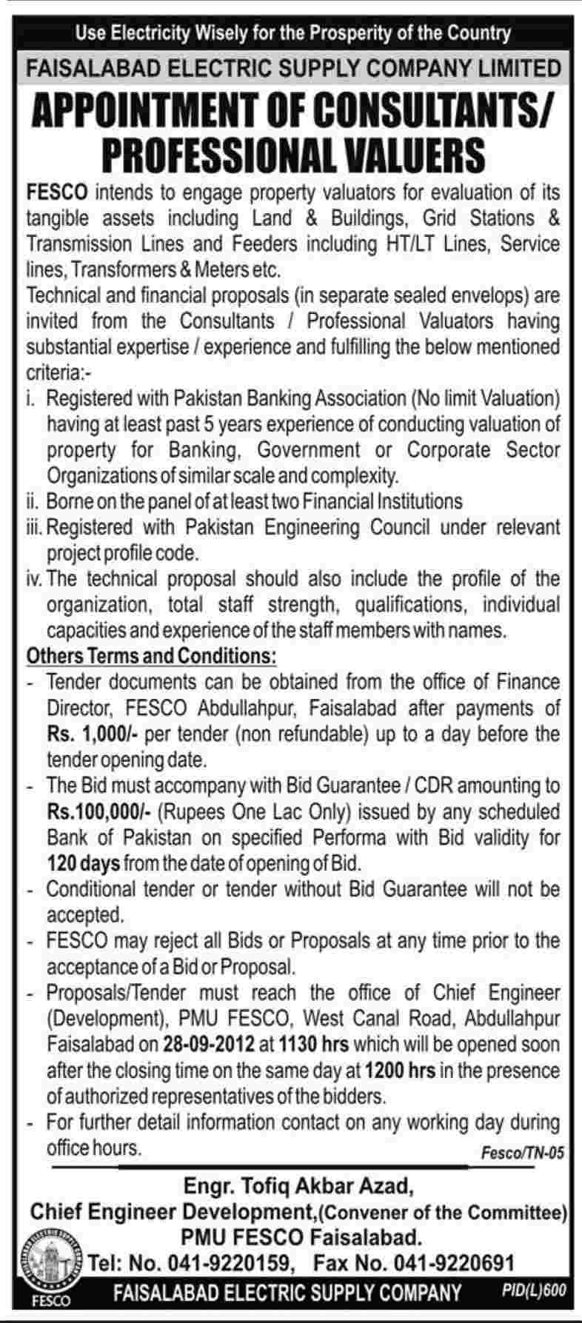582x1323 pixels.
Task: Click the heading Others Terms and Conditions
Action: [x=152, y=656]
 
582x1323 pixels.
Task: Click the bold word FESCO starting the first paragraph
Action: [x=57, y=193]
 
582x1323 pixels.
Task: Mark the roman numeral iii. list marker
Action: [x=35, y=528]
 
